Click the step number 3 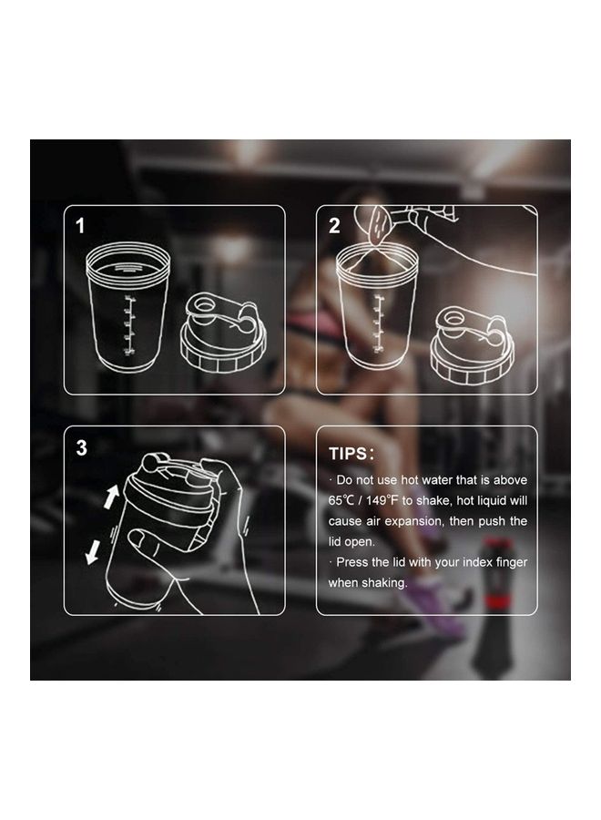82,448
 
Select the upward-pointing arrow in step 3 112,496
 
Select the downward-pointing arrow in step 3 93,551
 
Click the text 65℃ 345,501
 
